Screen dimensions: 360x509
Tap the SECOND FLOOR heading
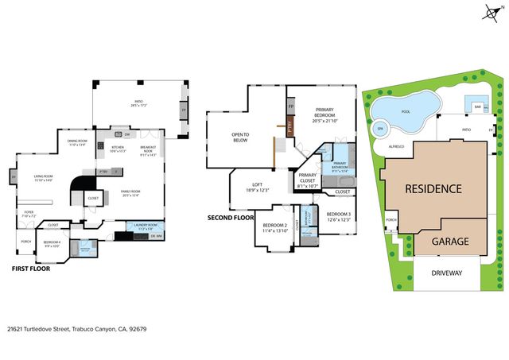231,217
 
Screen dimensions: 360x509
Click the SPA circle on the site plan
380,129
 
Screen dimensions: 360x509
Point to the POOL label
406,112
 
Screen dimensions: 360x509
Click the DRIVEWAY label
449,273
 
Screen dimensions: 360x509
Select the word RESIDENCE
433,189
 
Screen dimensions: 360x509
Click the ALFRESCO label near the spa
397,147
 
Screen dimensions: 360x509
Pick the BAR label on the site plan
478,106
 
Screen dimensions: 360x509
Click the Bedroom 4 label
52,243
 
